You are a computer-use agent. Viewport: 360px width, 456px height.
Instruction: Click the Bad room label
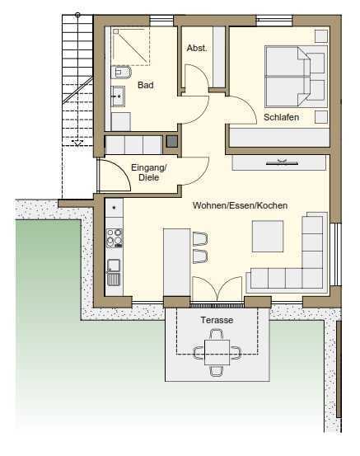pos(146,85)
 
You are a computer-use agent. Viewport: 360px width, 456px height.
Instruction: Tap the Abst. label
pos(197,48)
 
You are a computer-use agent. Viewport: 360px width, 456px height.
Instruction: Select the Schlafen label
pos(281,117)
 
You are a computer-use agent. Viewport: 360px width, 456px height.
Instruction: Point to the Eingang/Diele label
pos(148,172)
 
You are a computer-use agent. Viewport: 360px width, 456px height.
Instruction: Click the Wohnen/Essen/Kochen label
pos(240,205)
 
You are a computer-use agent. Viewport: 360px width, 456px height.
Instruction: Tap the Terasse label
pos(217,320)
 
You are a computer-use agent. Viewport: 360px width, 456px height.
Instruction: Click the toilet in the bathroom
pos(121,73)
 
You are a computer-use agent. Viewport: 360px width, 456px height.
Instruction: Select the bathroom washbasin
pos(119,96)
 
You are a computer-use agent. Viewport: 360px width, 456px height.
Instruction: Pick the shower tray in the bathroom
pos(131,46)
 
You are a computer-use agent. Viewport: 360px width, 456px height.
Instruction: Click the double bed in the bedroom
pos(296,77)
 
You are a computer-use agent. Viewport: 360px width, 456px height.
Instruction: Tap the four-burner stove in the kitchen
pos(114,238)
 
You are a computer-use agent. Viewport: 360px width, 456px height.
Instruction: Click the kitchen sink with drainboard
pos(114,272)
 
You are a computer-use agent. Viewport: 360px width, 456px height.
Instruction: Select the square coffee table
pos(268,236)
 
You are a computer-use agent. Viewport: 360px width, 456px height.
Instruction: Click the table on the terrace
pos(217,352)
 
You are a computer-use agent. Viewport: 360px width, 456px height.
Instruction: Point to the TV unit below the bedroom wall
pos(279,162)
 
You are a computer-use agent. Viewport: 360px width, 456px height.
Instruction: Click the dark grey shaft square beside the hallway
pos(171,141)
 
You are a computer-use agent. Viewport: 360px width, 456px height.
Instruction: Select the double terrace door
pos(217,289)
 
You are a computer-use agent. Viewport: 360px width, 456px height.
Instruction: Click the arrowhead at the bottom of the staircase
pos(77,143)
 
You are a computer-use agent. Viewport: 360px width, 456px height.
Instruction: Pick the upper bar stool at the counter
pos(200,239)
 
